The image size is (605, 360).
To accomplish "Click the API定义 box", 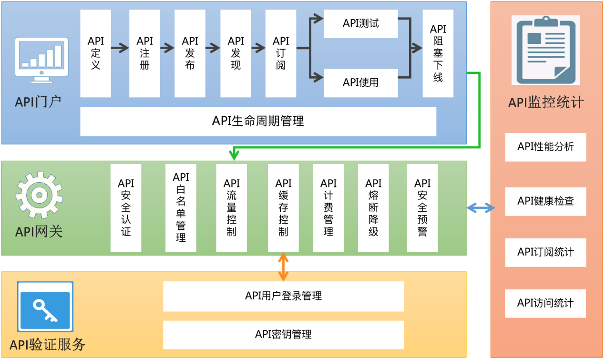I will point(95,53).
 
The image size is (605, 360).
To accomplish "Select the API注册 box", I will point(144,53).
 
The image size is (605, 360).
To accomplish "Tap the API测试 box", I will point(360,23).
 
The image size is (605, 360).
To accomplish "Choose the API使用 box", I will point(360,82).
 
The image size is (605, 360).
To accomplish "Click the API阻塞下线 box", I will point(438,53).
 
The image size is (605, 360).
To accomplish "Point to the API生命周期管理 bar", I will point(258,121).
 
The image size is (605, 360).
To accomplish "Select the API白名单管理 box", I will point(181,207).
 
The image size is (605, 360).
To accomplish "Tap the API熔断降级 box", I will point(373,207).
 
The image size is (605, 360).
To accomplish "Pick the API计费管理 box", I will point(328,207).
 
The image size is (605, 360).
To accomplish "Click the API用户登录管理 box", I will point(283,296).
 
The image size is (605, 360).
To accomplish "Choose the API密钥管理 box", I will point(283,334).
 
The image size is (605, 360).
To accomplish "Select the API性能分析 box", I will point(545,147).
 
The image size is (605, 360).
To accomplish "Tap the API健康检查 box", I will point(545,201).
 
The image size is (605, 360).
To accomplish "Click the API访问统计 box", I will point(545,303).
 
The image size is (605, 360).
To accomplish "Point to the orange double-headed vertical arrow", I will point(283,267).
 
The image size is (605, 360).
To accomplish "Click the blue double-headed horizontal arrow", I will point(481,208).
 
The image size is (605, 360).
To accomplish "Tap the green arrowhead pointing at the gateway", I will point(234,154).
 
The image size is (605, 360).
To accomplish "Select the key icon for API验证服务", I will point(45,307).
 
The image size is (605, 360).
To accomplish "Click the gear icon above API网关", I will point(39,195).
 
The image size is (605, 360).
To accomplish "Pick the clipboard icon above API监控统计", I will point(545,50).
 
